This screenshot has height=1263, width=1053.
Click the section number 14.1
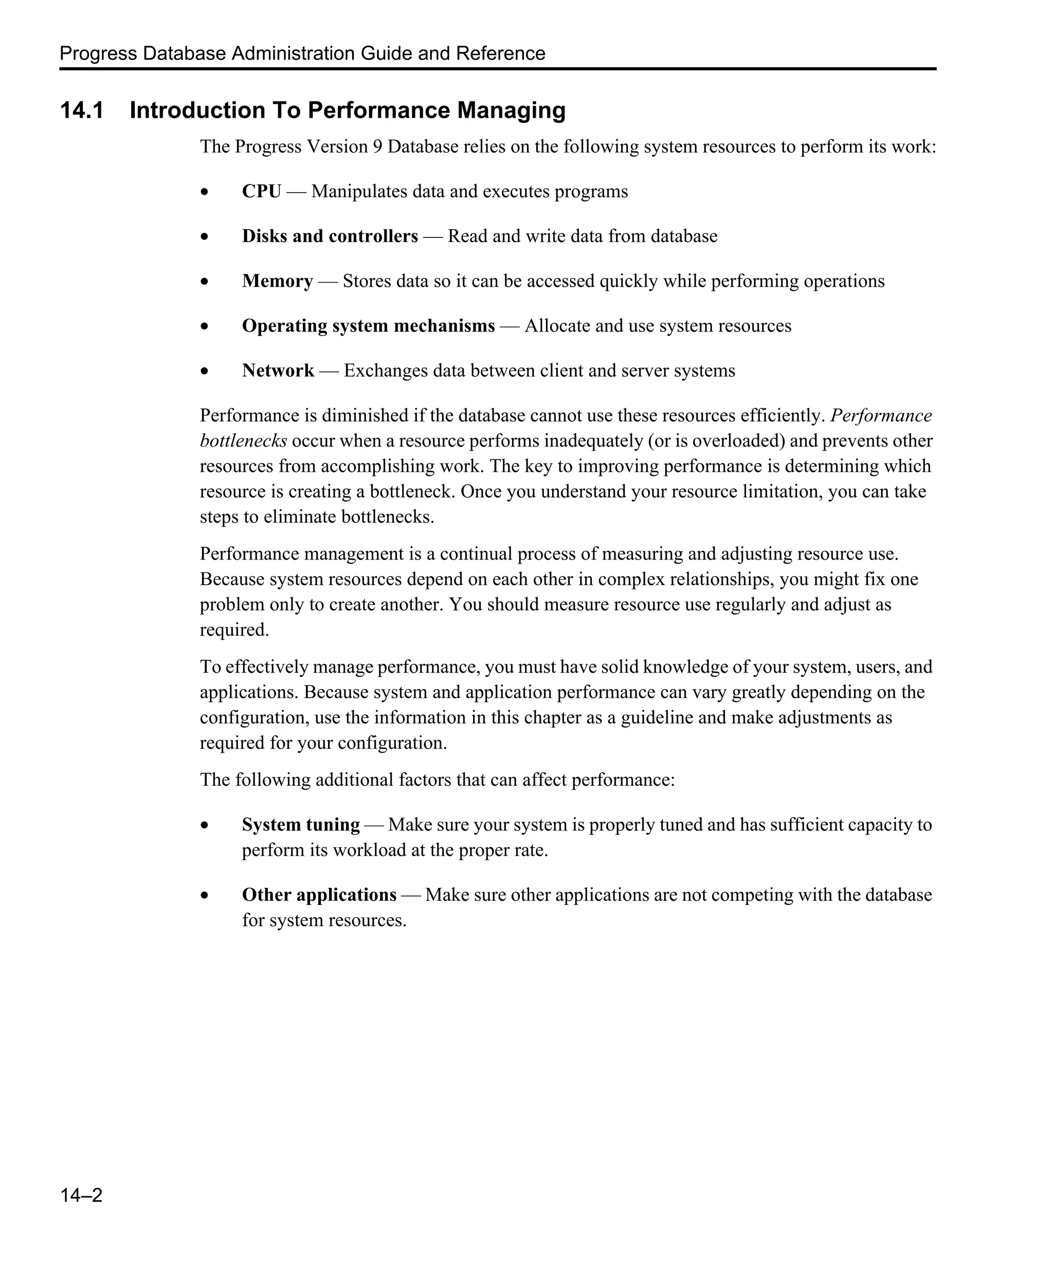click(x=82, y=110)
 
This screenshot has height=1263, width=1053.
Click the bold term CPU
click(x=261, y=191)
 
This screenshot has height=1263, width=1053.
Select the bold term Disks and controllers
click(x=330, y=236)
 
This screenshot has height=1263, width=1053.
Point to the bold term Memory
click(x=278, y=281)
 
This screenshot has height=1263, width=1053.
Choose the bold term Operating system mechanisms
click(x=368, y=325)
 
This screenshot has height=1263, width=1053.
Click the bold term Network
click(x=278, y=370)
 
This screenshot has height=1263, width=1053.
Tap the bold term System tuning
click(x=301, y=824)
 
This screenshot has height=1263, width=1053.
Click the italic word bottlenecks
click(x=243, y=441)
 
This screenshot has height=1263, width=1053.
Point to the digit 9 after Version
click(x=377, y=147)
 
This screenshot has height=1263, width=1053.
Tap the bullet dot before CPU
click(x=205, y=193)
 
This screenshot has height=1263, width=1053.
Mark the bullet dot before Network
click(x=205, y=372)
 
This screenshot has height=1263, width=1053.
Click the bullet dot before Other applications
click(x=205, y=896)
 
